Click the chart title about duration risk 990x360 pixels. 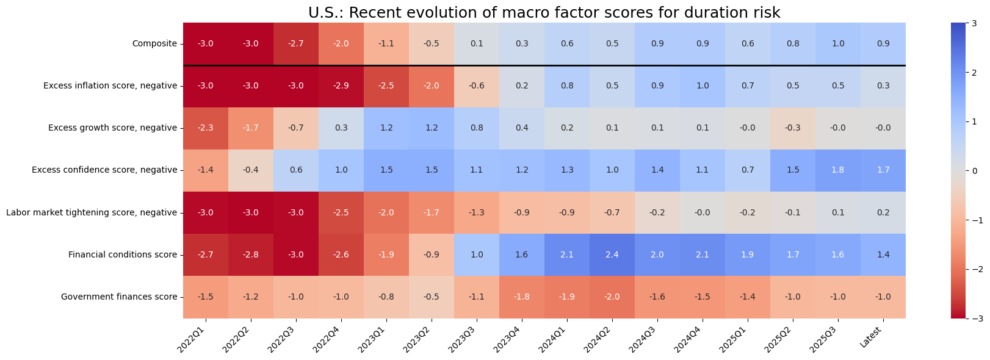coord(544,13)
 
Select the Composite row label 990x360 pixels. coord(154,43)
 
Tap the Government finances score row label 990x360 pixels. coord(119,297)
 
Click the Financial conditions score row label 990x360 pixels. coord(123,255)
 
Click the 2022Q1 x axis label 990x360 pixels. coord(197,337)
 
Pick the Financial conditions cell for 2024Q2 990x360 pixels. coord(612,255)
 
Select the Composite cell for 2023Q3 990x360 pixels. coord(477,43)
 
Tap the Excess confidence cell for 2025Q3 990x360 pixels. coord(838,170)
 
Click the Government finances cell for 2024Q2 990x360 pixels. coord(612,297)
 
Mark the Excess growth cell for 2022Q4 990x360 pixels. coord(341,128)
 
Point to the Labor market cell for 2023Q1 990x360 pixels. coord(386,212)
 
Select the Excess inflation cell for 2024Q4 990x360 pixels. coord(703,85)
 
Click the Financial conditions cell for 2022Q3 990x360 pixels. coord(296,255)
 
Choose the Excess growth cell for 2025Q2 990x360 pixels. coord(793,128)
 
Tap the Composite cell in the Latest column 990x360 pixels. coord(883,43)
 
